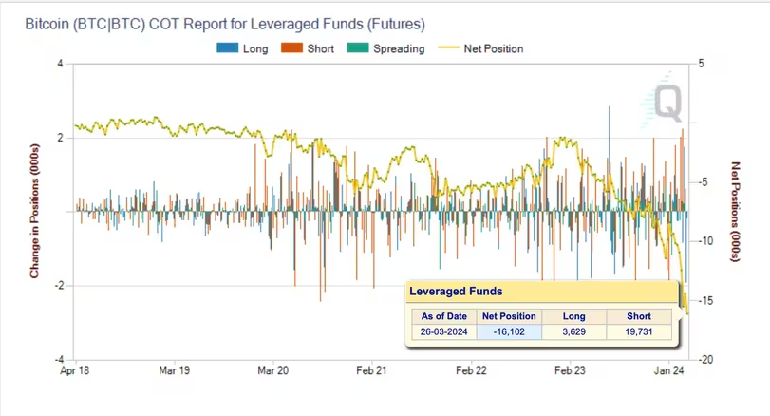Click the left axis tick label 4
60,64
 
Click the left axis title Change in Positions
34,212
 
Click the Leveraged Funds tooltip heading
456,292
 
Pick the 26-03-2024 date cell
442,332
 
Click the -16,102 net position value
510,332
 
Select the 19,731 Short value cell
639,332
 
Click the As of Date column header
442,316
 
